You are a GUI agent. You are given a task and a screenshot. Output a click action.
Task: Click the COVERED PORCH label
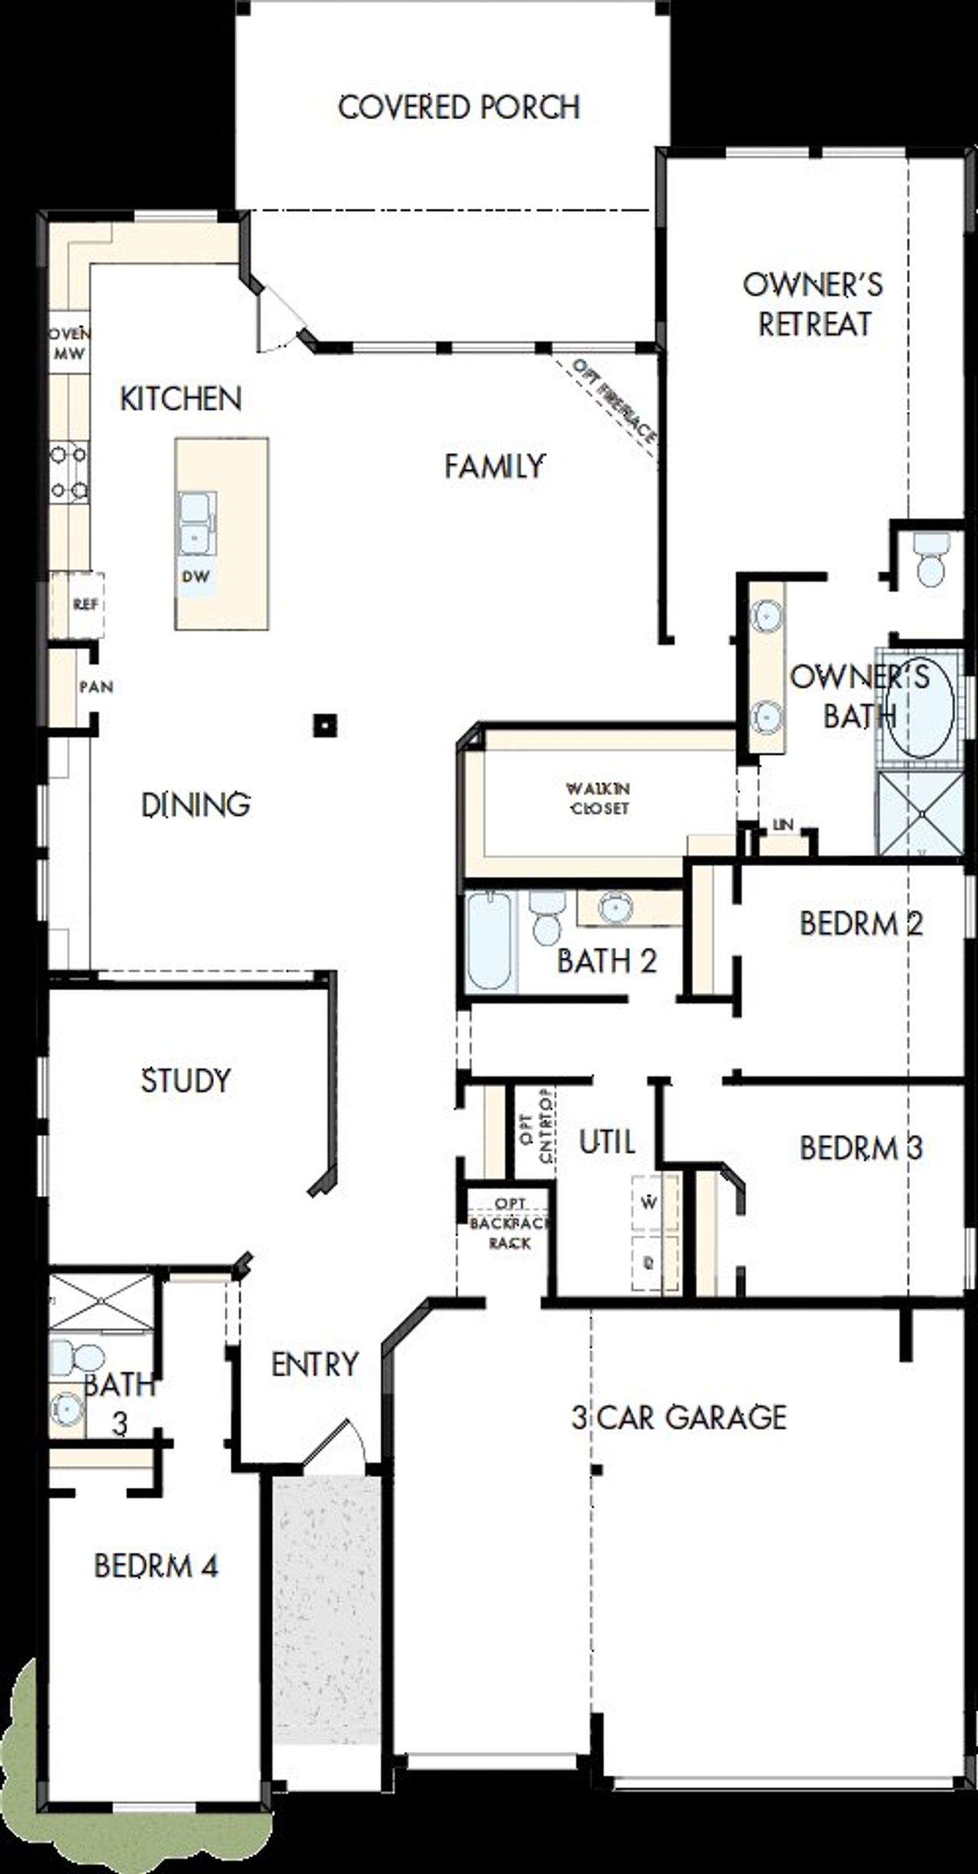(459, 107)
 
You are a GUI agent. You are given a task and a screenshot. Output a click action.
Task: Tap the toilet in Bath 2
(546, 919)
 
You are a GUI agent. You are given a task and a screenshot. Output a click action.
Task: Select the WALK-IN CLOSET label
(599, 798)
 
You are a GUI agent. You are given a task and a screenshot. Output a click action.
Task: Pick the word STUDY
(186, 1080)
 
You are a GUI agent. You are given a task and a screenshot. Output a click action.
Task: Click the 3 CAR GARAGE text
(678, 1417)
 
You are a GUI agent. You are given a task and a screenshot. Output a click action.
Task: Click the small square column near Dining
(325, 725)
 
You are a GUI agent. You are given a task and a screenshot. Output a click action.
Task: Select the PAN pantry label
(96, 687)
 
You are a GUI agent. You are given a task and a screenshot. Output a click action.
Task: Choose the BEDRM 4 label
(156, 1566)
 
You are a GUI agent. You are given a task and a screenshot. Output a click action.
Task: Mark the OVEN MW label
(69, 343)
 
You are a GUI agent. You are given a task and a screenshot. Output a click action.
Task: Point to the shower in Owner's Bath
(920, 813)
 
